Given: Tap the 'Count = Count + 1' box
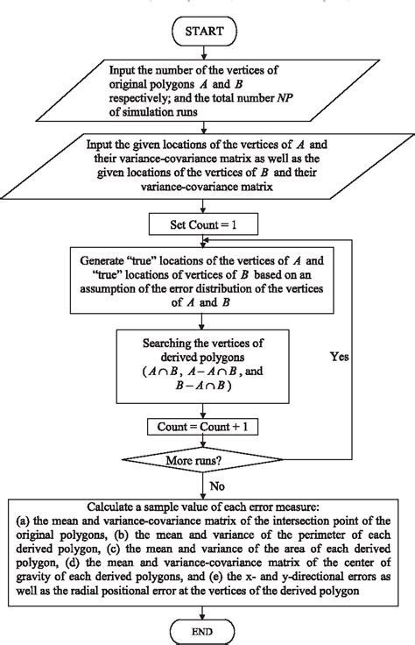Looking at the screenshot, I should (207, 427).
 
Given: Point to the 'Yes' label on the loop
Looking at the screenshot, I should (340, 358).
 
